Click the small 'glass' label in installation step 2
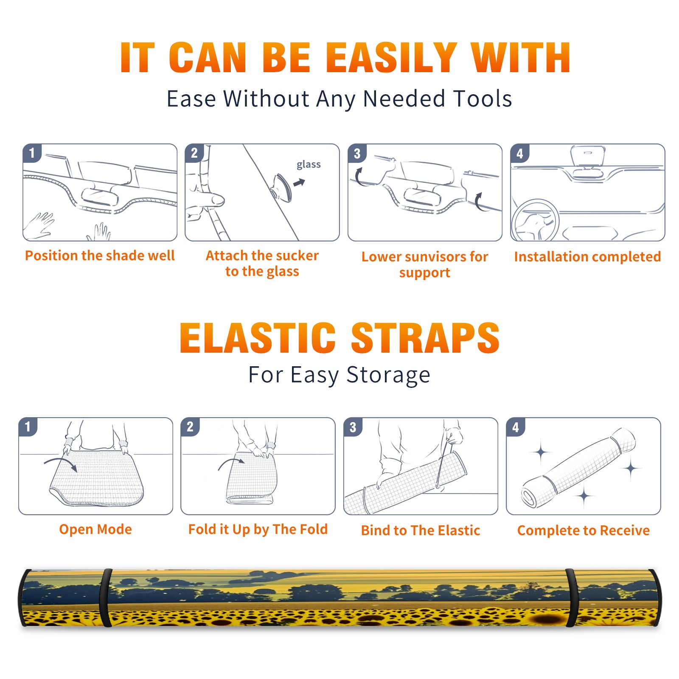point(309,165)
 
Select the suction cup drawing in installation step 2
point(281,187)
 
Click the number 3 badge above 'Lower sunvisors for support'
point(357,153)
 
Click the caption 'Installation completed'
point(587,257)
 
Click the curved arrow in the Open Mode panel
point(61,463)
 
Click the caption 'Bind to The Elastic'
point(421,530)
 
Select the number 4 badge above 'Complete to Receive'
point(516,427)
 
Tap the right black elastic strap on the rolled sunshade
point(572,598)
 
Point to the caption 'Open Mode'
point(95,530)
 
